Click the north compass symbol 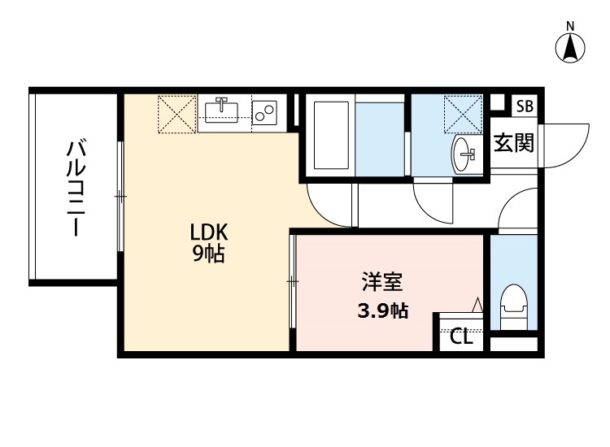tap(571, 46)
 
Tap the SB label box tap(525, 106)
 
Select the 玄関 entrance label tap(513, 144)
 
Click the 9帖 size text tap(208, 254)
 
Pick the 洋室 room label tap(382, 284)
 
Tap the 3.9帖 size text tap(383, 310)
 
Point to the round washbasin tap(465, 152)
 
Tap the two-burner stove tap(265, 113)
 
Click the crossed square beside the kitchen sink tap(176, 114)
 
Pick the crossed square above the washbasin tap(464, 115)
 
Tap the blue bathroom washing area tap(380, 137)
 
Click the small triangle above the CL tap(477, 305)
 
